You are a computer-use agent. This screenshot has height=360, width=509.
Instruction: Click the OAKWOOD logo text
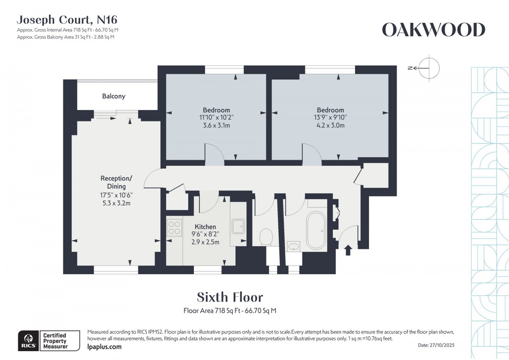[433, 30]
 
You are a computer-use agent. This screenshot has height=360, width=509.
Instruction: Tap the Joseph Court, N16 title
[67, 20]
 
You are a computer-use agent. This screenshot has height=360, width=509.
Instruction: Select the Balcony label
[114, 96]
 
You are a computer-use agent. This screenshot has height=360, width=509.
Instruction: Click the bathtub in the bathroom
[316, 231]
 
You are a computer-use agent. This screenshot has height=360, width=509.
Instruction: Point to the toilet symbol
[266, 237]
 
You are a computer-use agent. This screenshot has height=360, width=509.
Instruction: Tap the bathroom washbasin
[294, 246]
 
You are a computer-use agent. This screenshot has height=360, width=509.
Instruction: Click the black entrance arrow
[348, 250]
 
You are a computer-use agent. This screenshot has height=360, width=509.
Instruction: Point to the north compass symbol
[428, 67]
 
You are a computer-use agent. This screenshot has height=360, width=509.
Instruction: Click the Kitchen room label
[205, 227]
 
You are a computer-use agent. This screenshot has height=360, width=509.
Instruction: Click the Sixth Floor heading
[230, 297]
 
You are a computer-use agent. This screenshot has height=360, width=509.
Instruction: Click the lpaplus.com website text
[104, 347]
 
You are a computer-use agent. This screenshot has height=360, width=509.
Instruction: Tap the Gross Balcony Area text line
[66, 37]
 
